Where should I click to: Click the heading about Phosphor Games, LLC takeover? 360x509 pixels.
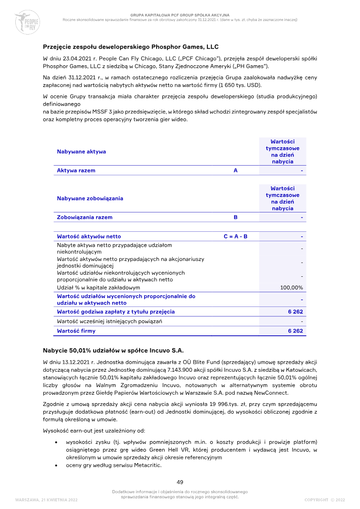point(130,47)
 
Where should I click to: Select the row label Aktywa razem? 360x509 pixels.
point(76,171)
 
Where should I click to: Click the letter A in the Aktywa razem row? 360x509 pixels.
point(235,171)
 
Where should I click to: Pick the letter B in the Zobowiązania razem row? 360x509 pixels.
point(235,217)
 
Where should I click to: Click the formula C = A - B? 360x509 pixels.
point(235,236)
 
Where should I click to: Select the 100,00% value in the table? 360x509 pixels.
point(292,288)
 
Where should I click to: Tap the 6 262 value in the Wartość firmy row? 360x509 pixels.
point(296,331)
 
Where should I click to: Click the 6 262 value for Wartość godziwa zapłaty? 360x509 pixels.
point(296,311)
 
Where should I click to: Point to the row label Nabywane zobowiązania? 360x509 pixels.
point(90,198)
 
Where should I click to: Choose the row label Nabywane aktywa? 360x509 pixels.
point(81,152)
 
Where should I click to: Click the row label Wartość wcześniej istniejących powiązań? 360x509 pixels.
point(109,321)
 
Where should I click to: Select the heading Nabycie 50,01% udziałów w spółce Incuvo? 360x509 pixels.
point(113,350)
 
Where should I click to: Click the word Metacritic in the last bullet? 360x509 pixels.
point(148,465)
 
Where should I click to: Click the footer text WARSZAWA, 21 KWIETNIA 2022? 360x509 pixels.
point(46,500)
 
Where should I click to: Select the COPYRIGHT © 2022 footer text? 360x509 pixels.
point(324,500)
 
